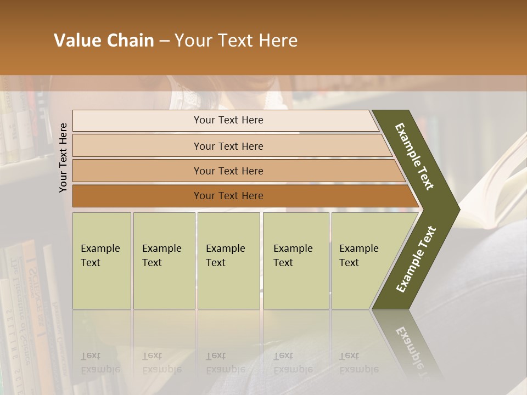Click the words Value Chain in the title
pos(104,41)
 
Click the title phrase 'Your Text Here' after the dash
pos(236,41)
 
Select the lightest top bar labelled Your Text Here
pos(228,120)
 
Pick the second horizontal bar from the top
pos(228,146)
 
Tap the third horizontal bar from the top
pos(228,171)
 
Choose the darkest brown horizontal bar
pos(228,196)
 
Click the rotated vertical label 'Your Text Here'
pos(64,157)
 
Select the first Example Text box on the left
pos(101,260)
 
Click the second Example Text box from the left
pos(163,260)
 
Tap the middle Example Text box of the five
pos(228,260)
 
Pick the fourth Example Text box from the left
pos(295,260)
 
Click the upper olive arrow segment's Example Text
pos(415,156)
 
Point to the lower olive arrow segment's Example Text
pos(416,259)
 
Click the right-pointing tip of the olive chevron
pos(455,209)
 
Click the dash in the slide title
pos(164,41)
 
